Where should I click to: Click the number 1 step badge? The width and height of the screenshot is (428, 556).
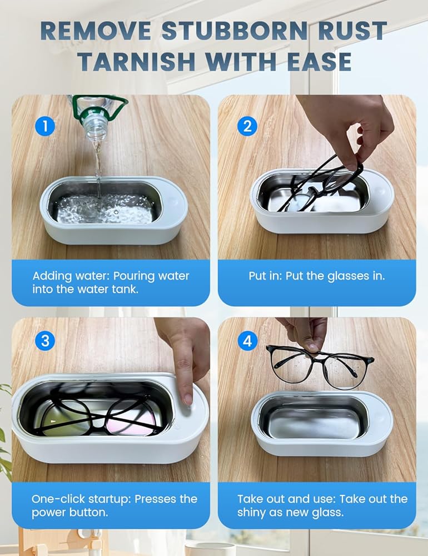[45, 126]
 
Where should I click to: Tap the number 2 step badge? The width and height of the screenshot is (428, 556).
[247, 126]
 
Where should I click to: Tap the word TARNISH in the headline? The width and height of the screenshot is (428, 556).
[137, 61]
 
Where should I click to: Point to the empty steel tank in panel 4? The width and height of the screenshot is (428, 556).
[314, 418]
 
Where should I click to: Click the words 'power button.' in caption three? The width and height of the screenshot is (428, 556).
[69, 513]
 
